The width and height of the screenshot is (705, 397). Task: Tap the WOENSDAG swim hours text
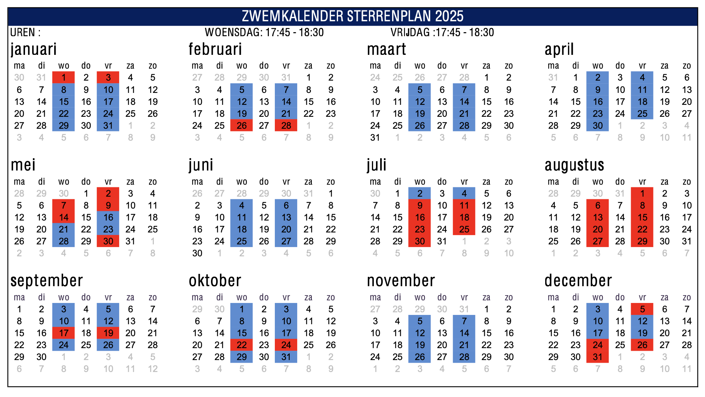tap(264, 33)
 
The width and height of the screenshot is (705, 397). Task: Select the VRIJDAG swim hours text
tap(442, 33)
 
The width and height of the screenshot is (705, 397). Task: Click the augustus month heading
tap(574, 165)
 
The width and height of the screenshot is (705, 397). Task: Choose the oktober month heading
tap(215, 281)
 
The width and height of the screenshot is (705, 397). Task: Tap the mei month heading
tap(23, 165)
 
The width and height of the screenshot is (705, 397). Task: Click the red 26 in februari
tap(242, 126)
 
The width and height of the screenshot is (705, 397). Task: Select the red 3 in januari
tap(108, 78)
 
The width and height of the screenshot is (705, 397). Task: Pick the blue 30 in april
tap(597, 126)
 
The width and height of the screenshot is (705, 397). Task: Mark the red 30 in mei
tap(108, 241)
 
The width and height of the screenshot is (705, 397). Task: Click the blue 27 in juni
tap(286, 241)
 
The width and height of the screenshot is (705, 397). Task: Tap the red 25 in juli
tap(464, 229)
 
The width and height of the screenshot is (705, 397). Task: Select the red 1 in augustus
tap(642, 194)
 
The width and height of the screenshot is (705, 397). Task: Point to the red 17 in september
tap(64, 333)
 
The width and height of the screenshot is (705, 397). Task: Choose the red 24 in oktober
tap(286, 345)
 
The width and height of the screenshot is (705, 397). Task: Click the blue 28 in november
tap(464, 357)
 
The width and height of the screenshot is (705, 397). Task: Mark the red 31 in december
tap(597, 357)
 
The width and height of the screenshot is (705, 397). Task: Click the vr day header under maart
tap(464, 66)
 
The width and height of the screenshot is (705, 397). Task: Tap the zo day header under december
tap(687, 297)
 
